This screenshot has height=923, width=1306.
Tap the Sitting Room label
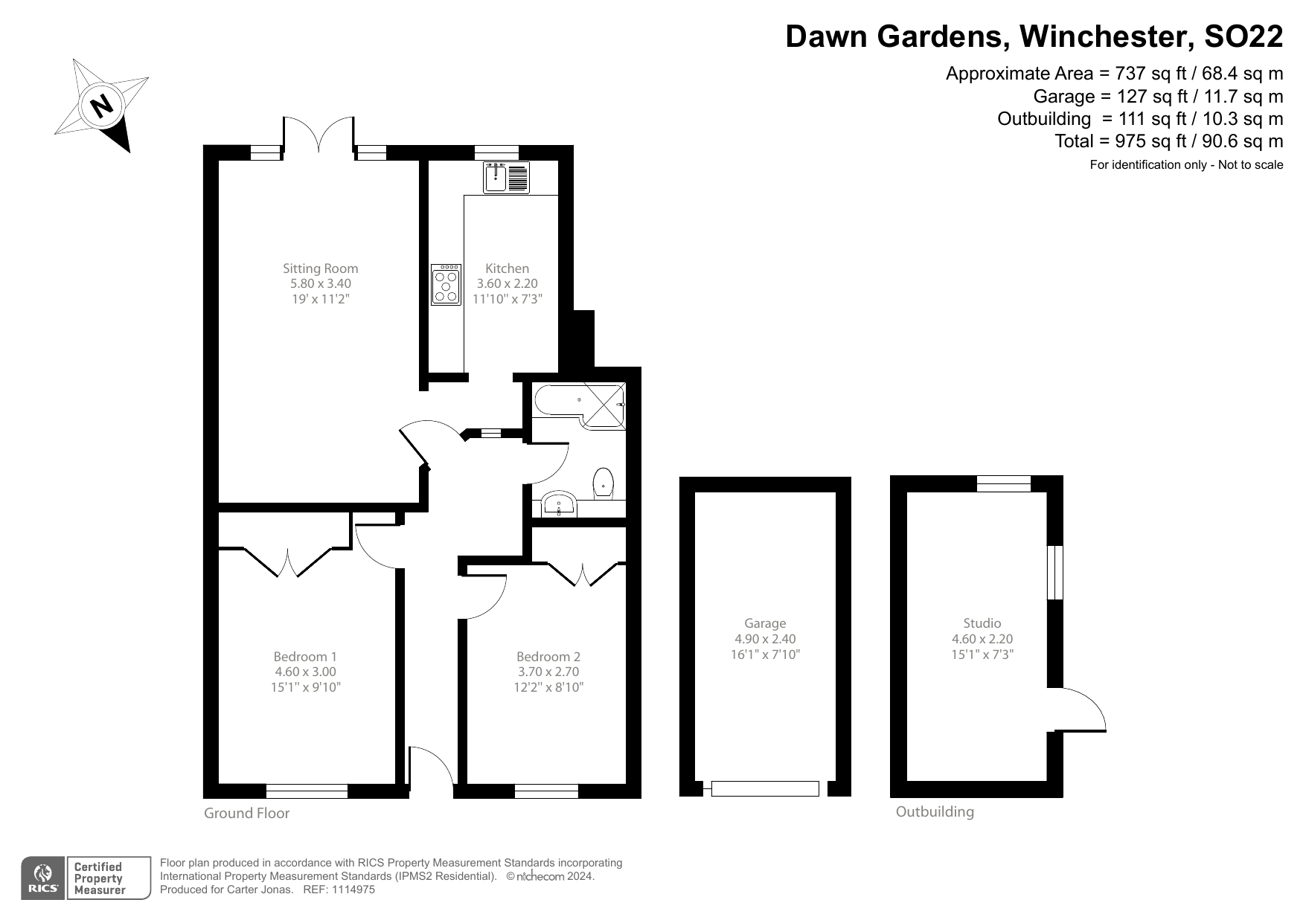[320, 268]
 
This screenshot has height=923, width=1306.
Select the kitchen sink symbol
[506, 178]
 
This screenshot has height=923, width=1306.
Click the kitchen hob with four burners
[446, 284]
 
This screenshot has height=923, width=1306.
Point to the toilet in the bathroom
[603, 483]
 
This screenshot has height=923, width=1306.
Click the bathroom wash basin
[559, 505]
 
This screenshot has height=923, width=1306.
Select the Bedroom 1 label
[305, 657]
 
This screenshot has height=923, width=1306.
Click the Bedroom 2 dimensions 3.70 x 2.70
[548, 672]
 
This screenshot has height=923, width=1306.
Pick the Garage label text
[765, 623]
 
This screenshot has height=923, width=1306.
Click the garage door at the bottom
[765, 788]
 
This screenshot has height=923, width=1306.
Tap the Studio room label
[982, 623]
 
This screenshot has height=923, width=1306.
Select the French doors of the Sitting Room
[319, 138]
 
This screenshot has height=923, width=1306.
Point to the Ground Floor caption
[246, 813]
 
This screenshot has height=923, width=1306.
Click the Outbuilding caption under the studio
[935, 811]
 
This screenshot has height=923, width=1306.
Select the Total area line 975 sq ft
[1168, 141]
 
